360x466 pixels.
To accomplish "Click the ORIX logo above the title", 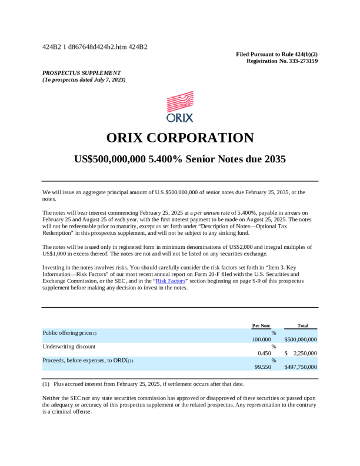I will tap(180, 106).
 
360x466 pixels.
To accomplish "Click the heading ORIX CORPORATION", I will tap(180, 138).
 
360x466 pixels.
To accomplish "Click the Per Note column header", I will tap(261, 325).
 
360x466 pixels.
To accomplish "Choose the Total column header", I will tap(303, 325).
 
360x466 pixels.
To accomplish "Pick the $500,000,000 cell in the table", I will tap(301, 339).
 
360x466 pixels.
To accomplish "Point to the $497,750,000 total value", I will tap(301, 367).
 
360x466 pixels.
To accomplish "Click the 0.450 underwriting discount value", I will tap(264, 353).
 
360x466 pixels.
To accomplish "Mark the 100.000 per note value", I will tap(262, 339).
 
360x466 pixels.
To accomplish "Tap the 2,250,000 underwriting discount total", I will tap(305, 353).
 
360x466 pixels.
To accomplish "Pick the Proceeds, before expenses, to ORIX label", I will tap(86, 360).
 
